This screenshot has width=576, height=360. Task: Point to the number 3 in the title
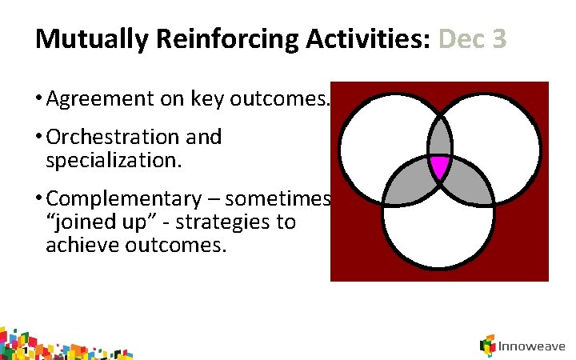499,39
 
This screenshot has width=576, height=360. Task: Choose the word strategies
250,222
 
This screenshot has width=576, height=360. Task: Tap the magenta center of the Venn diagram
439,166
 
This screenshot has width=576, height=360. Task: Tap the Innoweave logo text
532,347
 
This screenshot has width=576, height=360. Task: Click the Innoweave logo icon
487,346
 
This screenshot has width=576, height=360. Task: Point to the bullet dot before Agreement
39,100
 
